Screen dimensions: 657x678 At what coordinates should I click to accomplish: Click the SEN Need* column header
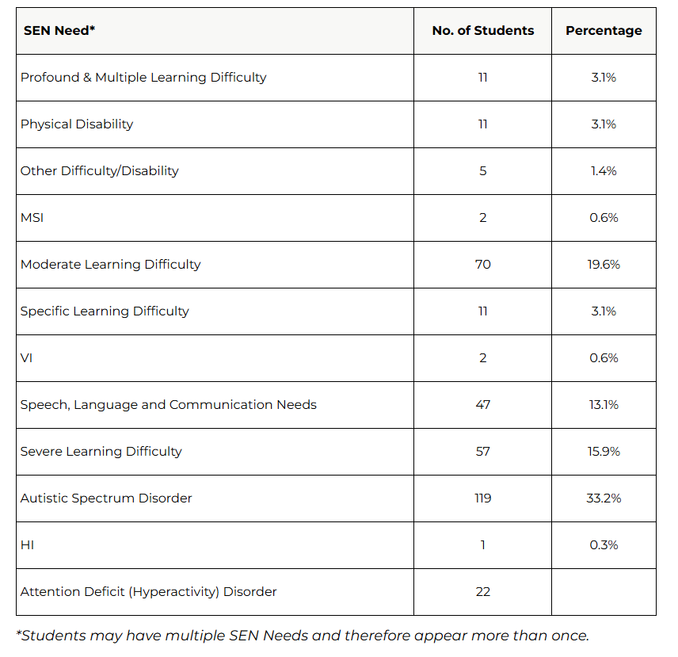click(x=59, y=31)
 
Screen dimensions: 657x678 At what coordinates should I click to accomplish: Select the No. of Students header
click(x=482, y=31)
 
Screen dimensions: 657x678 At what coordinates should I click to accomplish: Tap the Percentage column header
click(x=604, y=31)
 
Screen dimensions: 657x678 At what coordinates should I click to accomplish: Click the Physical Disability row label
click(x=77, y=124)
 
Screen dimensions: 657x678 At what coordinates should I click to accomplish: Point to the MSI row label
click(x=32, y=218)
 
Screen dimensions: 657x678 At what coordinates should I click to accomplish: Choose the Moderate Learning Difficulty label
click(x=111, y=265)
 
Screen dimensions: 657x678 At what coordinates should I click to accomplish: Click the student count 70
click(x=482, y=265)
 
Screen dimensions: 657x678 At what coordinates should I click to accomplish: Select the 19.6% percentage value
click(x=604, y=265)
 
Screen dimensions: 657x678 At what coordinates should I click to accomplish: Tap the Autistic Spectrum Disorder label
click(x=106, y=498)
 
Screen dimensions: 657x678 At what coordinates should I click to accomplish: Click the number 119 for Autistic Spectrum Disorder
click(x=482, y=498)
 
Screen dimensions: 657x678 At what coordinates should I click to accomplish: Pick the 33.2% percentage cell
click(x=604, y=498)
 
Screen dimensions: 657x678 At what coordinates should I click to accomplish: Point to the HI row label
click(x=27, y=545)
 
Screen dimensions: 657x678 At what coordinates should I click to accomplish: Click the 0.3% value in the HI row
click(x=604, y=545)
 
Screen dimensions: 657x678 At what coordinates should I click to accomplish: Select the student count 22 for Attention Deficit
click(x=482, y=592)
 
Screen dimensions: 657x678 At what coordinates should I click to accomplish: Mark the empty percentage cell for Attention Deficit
click(x=604, y=592)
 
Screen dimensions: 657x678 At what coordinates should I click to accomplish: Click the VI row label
click(x=26, y=358)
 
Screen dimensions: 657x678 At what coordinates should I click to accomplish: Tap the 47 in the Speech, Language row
click(x=482, y=405)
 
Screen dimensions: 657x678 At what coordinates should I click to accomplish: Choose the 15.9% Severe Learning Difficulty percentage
click(x=604, y=452)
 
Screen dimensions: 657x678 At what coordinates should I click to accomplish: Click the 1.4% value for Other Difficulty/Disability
click(x=604, y=171)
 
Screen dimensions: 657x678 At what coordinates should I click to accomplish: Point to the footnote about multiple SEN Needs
click(x=303, y=636)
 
